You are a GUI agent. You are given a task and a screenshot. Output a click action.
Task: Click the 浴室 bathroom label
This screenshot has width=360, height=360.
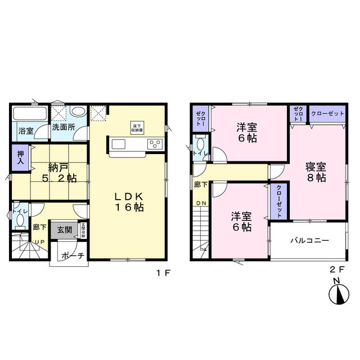pos(25,130)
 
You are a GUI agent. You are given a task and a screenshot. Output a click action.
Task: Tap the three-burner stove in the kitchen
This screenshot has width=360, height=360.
pos(154,145)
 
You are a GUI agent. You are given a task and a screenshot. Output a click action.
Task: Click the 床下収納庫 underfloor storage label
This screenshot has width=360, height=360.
pos(136,126)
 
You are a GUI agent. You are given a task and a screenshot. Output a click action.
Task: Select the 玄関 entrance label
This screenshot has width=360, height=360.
pos(64,229)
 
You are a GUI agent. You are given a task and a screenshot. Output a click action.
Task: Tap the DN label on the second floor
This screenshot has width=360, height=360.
pos(201,202)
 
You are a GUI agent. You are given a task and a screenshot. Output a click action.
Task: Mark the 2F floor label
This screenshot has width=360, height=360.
pos(335,269)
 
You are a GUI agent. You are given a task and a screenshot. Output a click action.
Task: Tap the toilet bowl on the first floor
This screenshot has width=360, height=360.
pos(20,220)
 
